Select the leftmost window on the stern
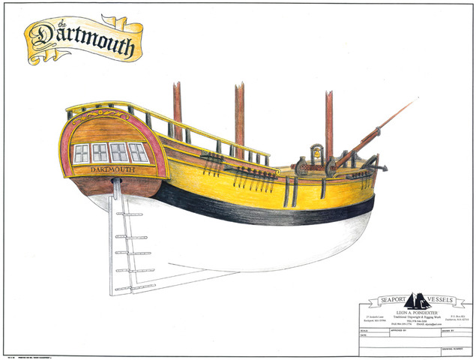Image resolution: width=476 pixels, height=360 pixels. pos(82,154)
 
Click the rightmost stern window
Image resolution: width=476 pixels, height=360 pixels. pos(139,152)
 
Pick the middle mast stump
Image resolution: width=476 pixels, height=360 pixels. pos(239,116)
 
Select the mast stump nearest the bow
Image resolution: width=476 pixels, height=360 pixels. pos(328,124)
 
